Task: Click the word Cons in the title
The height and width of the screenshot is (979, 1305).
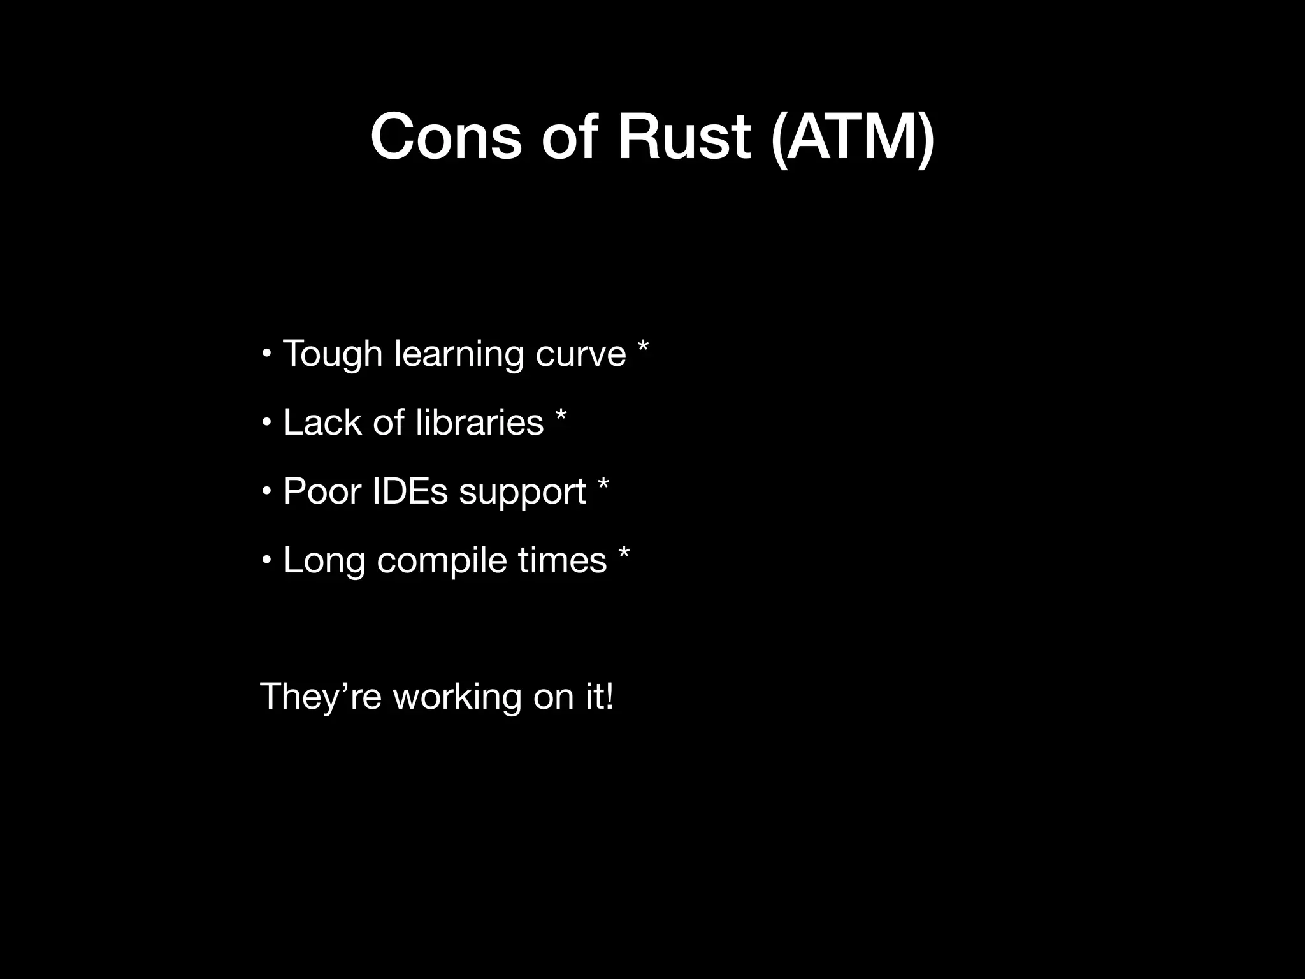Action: pyautogui.click(x=445, y=137)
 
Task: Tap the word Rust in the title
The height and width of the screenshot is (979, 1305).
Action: pyautogui.click(x=684, y=137)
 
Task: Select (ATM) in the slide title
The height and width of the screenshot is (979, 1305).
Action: pyautogui.click(x=852, y=139)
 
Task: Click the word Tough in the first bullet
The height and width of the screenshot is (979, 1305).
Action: pyautogui.click(x=332, y=354)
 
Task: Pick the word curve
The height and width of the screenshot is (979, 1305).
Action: pyautogui.click(x=580, y=354)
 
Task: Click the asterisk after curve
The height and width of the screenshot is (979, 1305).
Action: pyautogui.click(x=642, y=348)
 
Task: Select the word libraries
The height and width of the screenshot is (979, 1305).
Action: pyautogui.click(x=479, y=422)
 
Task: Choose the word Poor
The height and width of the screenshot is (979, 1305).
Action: pyautogui.click(x=322, y=491)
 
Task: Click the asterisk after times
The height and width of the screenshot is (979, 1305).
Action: pyautogui.click(x=624, y=553)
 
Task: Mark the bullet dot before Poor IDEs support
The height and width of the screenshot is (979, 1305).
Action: pyautogui.click(x=267, y=491)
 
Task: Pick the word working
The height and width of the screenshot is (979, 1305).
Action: pyautogui.click(x=457, y=697)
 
